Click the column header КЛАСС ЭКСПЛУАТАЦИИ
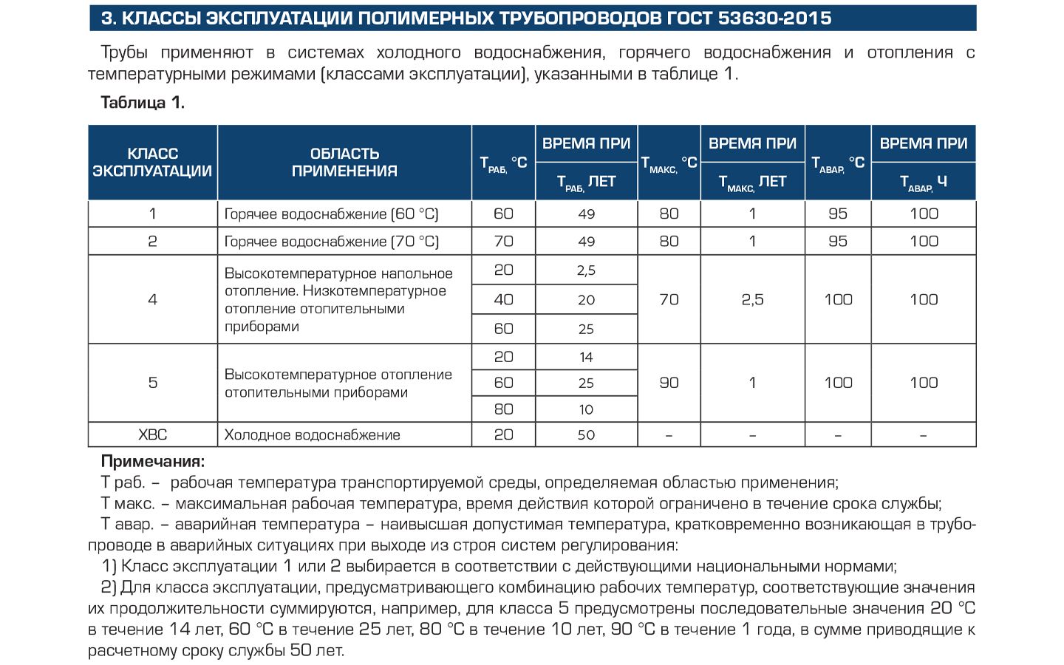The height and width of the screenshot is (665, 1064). click(x=152, y=163)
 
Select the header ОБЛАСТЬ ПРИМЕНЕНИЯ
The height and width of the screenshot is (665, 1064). click(x=344, y=163)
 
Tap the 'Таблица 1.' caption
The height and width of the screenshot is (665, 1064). click(x=143, y=103)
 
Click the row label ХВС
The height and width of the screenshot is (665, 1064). click(x=152, y=434)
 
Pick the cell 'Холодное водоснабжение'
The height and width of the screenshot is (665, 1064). click(x=312, y=435)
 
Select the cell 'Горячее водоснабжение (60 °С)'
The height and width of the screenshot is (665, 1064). click(x=331, y=214)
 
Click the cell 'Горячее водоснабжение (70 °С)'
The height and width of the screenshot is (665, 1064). click(x=331, y=242)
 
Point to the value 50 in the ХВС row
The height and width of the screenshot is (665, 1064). click(x=586, y=435)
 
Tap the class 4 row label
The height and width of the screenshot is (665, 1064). click(x=152, y=299)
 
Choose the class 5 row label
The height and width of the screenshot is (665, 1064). click(x=152, y=383)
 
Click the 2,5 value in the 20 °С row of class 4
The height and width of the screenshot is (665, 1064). click(x=586, y=270)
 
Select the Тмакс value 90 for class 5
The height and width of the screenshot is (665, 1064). click(x=669, y=383)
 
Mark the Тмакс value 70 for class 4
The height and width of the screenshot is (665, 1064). click(x=669, y=299)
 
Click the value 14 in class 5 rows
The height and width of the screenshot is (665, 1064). click(x=586, y=357)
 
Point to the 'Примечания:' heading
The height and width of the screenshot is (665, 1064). click(x=152, y=462)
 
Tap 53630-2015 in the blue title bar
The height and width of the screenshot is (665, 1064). click(x=775, y=18)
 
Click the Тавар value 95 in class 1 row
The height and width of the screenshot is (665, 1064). click(x=838, y=214)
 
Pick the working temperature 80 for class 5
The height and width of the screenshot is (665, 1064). click(x=503, y=409)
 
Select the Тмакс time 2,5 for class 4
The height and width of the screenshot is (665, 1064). click(x=752, y=299)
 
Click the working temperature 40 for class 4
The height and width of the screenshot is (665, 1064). click(x=503, y=299)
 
